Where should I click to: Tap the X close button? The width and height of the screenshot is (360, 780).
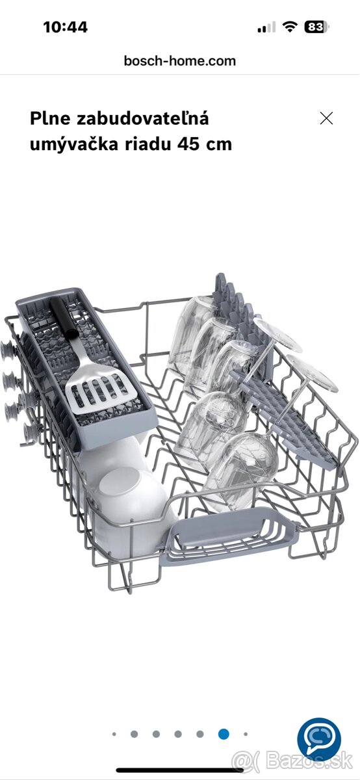(x=326, y=118)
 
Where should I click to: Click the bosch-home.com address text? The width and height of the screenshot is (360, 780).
(x=179, y=61)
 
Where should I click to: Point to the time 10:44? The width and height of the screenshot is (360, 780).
(x=65, y=27)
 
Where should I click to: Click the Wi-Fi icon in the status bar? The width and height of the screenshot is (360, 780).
(x=289, y=27)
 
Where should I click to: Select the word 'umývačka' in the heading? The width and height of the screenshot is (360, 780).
(x=74, y=144)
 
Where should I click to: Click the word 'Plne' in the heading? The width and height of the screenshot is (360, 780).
(x=50, y=119)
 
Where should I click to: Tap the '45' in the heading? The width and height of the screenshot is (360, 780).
(x=188, y=144)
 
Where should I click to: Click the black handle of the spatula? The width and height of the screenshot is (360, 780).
(x=64, y=318)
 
